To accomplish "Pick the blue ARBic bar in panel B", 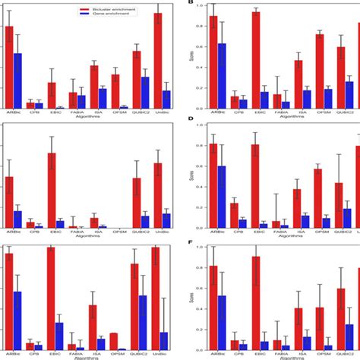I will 222,76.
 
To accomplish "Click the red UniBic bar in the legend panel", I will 158,60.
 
